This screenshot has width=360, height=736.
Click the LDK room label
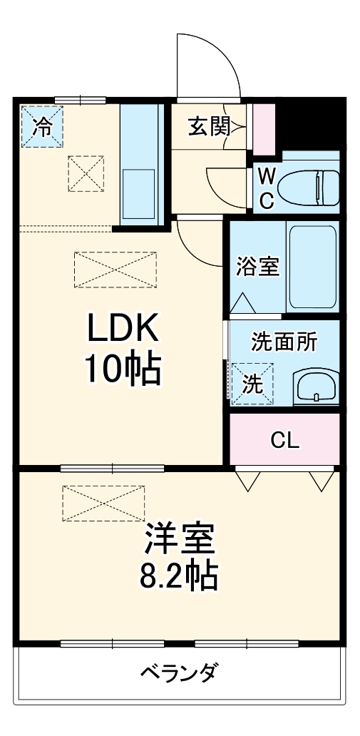(122, 329)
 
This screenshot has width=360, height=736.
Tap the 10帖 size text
(122, 369)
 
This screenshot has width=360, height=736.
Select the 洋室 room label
(180, 540)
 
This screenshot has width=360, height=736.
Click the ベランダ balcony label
(178, 672)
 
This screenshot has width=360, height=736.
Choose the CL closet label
(284, 440)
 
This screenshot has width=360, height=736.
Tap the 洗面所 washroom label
(284, 342)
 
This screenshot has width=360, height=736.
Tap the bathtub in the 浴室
(312, 266)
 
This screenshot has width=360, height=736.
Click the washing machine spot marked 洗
(252, 384)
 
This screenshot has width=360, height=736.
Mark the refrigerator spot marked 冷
(42, 127)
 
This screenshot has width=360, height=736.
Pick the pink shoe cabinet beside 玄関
(264, 128)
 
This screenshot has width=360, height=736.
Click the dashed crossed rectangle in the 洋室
(103, 504)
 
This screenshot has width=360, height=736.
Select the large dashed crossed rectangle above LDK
(114, 269)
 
